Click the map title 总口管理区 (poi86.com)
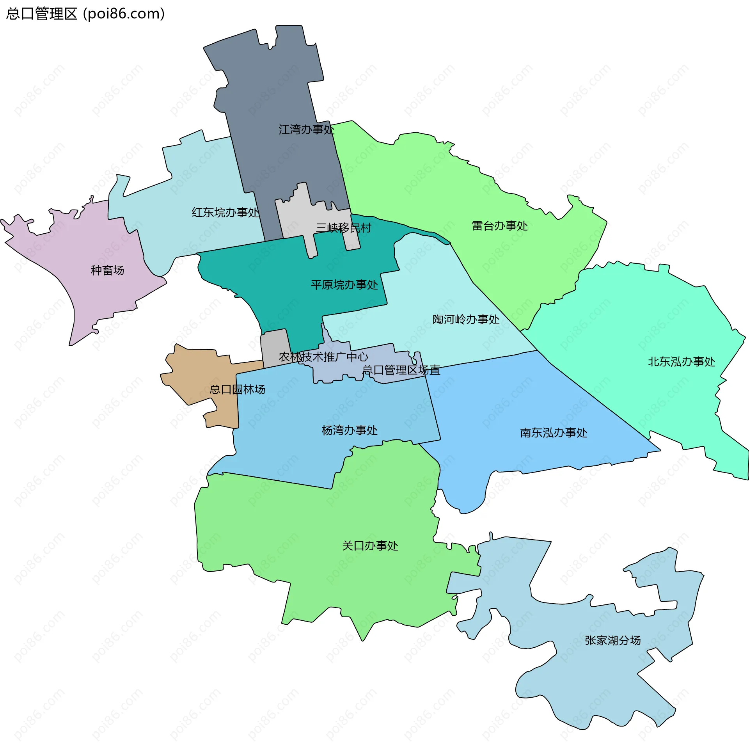(x=85, y=14)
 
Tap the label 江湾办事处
(x=306, y=130)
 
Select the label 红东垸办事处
(x=225, y=212)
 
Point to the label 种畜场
(x=107, y=270)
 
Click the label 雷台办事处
(x=500, y=226)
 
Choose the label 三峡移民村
(x=343, y=228)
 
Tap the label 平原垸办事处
(x=344, y=284)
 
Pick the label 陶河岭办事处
(x=466, y=319)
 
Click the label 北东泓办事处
(x=682, y=361)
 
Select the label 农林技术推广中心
(x=323, y=357)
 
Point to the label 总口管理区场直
(x=401, y=370)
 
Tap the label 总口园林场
(x=237, y=389)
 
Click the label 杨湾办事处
(x=349, y=430)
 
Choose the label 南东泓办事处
(x=554, y=433)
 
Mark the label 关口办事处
(x=370, y=545)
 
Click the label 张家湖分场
(x=612, y=640)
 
